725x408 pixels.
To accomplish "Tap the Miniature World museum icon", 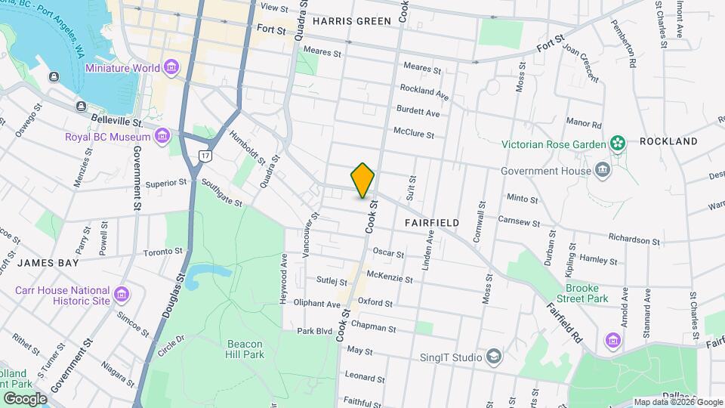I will click(172, 68).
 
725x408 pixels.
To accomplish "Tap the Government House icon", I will click(603, 169).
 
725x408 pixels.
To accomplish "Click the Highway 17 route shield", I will click(205, 155).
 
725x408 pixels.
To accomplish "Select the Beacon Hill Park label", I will click(244, 348).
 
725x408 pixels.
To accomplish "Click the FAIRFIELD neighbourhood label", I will click(432, 223).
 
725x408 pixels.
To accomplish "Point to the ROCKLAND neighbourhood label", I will click(668, 141).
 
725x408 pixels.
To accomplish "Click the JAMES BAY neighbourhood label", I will click(48, 262).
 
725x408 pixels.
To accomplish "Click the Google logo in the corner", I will click(25, 398).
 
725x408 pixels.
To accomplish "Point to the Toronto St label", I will click(163, 251).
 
